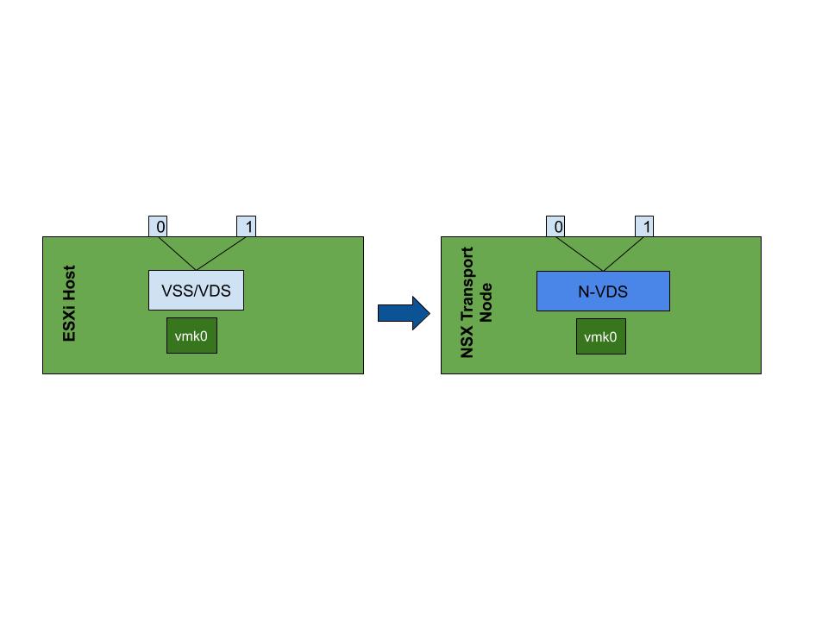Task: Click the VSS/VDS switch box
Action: [196, 291]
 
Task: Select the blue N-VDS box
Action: [603, 292]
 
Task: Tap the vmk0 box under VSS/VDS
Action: [191, 336]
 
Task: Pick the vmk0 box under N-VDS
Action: [601, 336]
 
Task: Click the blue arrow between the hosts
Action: [404, 313]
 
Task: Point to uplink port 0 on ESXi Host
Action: [158, 227]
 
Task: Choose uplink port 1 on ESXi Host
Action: [247, 227]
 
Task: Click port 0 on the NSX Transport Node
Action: [555, 227]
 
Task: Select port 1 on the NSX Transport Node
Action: [644, 227]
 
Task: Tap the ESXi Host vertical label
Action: [69, 304]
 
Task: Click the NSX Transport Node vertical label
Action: [476, 303]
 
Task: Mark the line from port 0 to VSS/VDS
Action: [177, 254]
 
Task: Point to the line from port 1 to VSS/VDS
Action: [222, 254]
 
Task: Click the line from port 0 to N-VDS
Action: [580, 254]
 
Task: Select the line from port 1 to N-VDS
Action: [624, 254]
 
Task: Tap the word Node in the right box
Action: [486, 303]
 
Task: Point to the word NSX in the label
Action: [467, 342]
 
